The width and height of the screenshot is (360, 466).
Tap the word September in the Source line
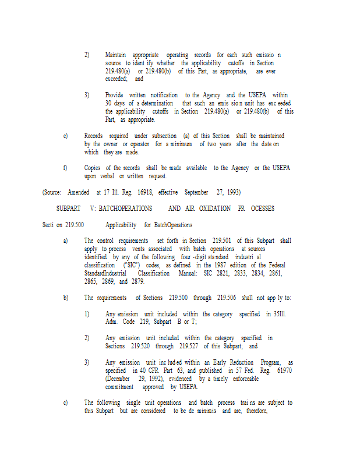[196, 192]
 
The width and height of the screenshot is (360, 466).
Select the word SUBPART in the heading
[68, 208]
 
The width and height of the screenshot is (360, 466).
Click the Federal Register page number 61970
[281, 370]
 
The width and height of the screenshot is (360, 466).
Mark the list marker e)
[66, 136]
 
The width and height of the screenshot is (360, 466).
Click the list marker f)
[66, 168]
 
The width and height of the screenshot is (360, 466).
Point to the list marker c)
[66, 403]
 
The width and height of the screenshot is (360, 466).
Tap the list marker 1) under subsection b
[87, 314]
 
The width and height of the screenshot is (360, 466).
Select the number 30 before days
[109, 103]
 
